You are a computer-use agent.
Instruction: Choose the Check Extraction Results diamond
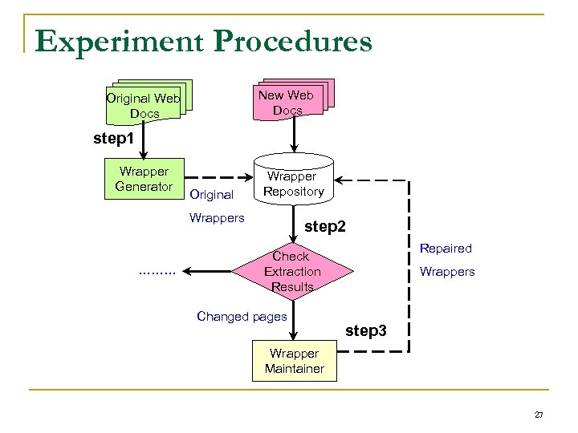tap(291, 271)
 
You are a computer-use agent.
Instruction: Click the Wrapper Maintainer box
tap(294, 361)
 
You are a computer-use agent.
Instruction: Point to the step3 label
tap(365, 330)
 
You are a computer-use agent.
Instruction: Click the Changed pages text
tap(241, 316)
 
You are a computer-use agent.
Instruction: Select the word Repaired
tap(446, 249)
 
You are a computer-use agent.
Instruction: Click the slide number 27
tap(539, 415)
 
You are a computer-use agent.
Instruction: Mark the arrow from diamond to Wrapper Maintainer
tap(295, 321)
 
